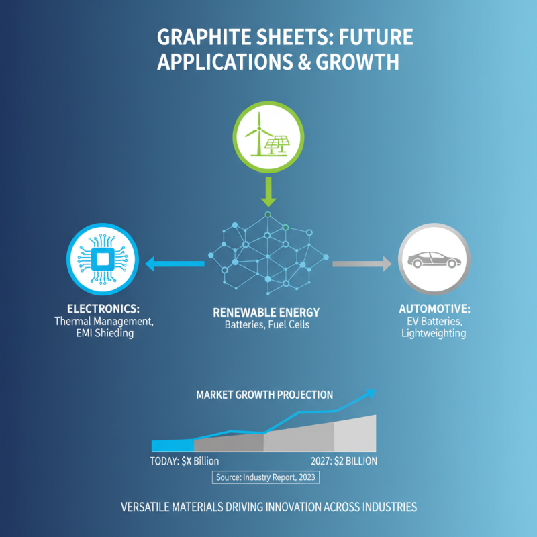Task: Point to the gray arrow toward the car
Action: pyautogui.click(x=362, y=264)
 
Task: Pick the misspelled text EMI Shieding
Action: pyautogui.click(x=103, y=334)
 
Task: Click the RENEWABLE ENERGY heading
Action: pyautogui.click(x=266, y=313)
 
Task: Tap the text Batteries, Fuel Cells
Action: pyautogui.click(x=266, y=326)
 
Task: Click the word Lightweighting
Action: pyautogui.click(x=433, y=333)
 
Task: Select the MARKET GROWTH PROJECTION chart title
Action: pyautogui.click(x=264, y=395)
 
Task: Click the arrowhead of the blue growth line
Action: pyautogui.click(x=369, y=393)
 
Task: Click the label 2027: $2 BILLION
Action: pyautogui.click(x=344, y=461)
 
